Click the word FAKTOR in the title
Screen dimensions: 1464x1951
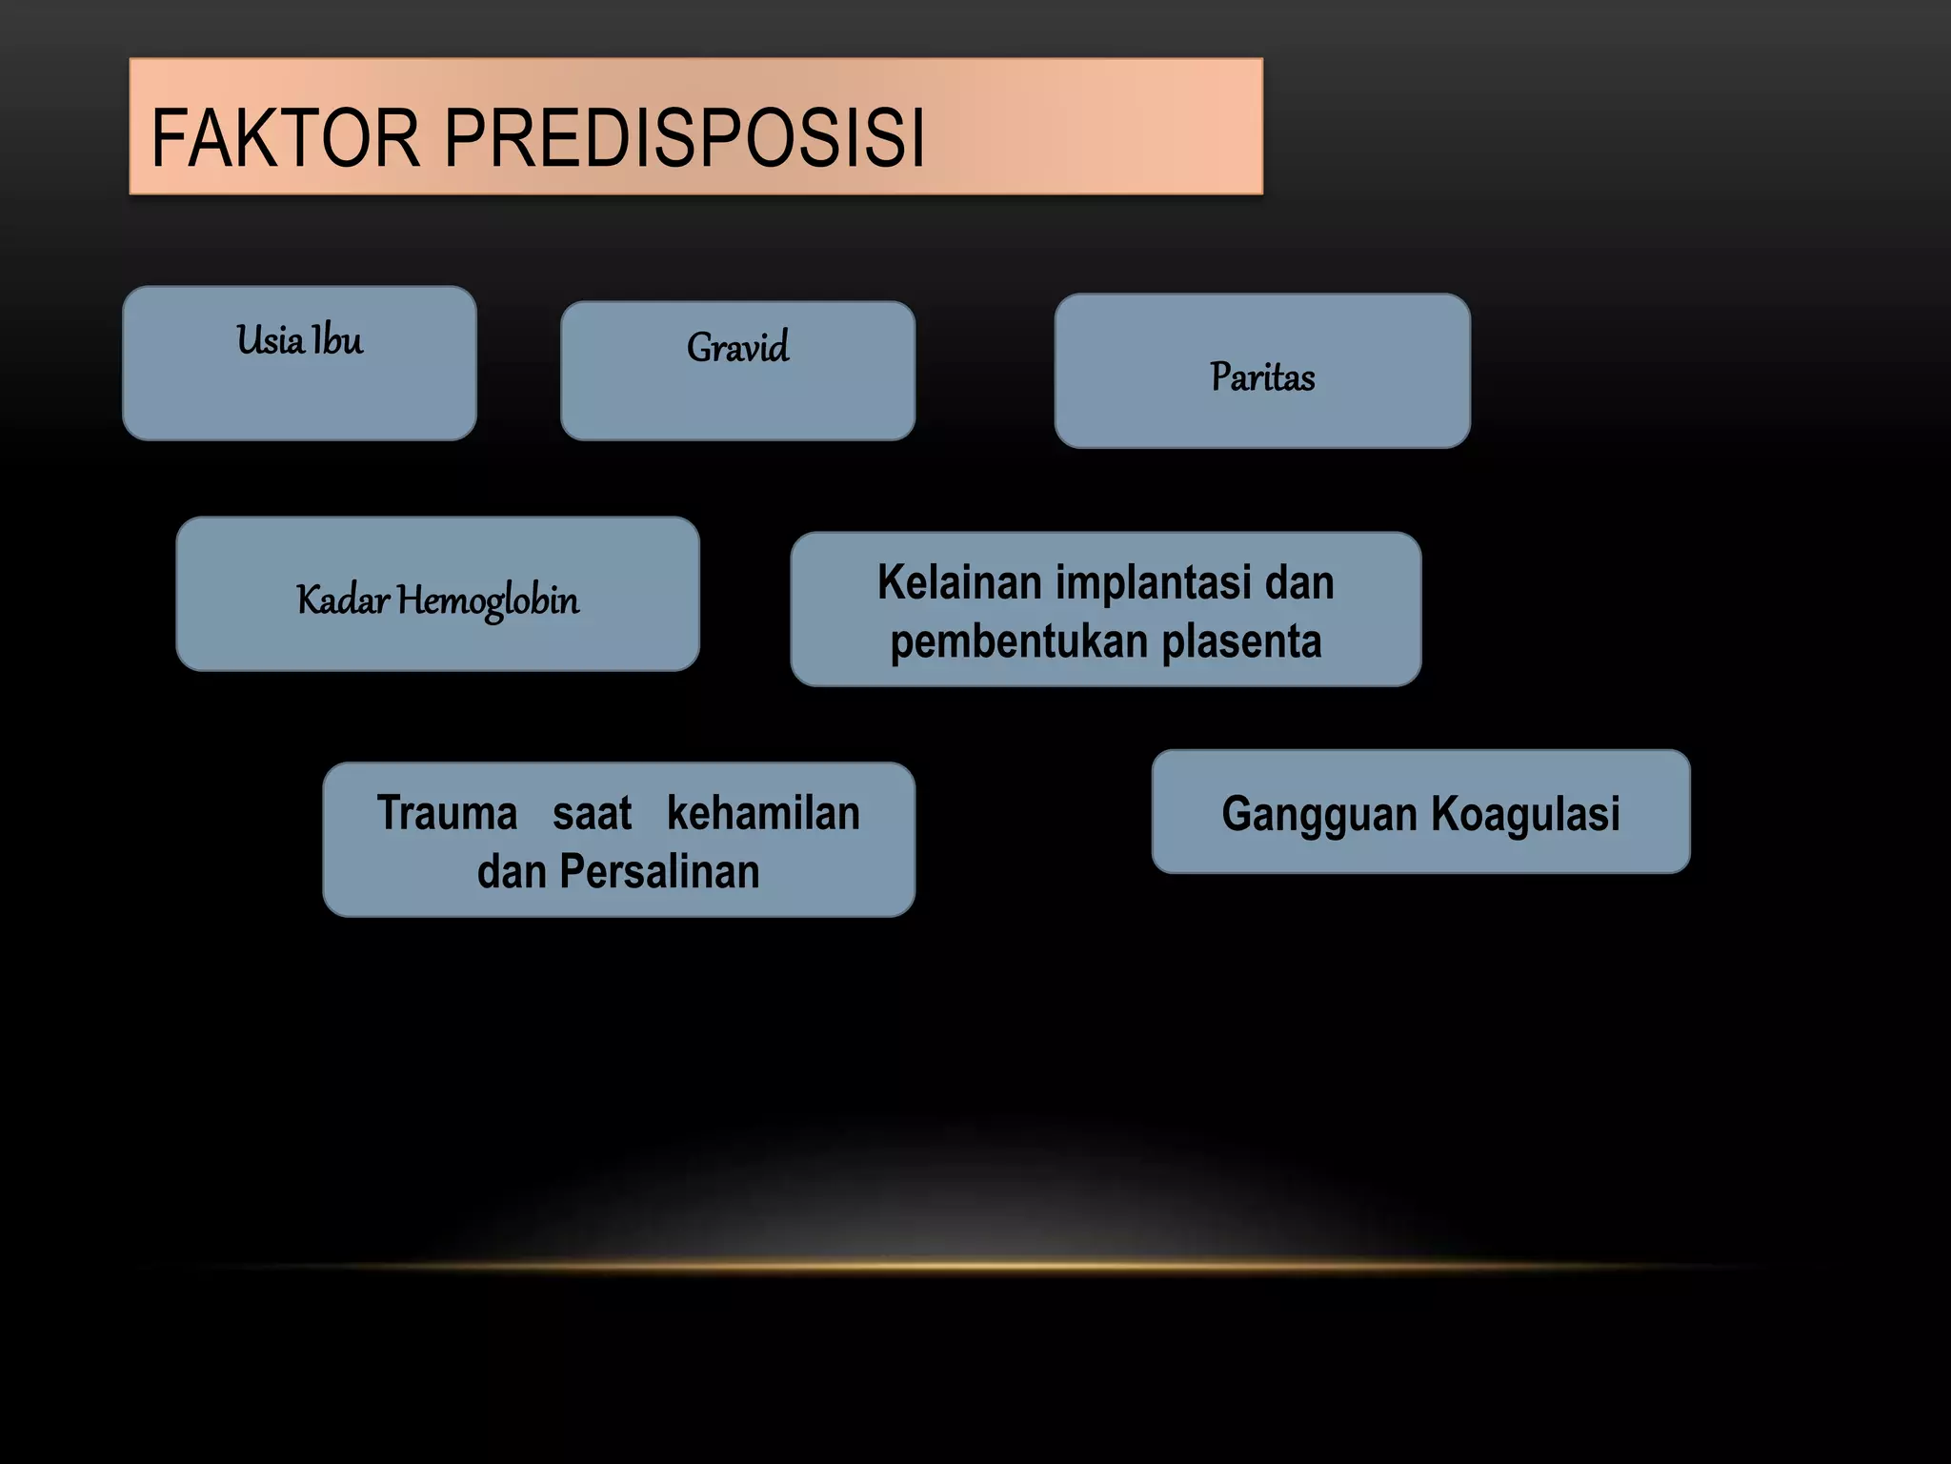click(x=285, y=138)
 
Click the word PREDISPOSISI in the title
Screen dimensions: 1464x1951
click(x=684, y=138)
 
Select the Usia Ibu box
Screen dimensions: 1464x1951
click(x=299, y=363)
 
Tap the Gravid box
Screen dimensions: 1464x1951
click(x=737, y=371)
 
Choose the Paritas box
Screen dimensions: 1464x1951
click(x=1261, y=371)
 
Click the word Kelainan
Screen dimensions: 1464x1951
click(x=958, y=582)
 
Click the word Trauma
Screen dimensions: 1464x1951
click(x=447, y=813)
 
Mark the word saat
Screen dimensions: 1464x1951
click(x=592, y=813)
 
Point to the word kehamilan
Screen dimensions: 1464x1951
click(x=763, y=813)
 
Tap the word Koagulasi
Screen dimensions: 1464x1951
click(x=1524, y=814)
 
